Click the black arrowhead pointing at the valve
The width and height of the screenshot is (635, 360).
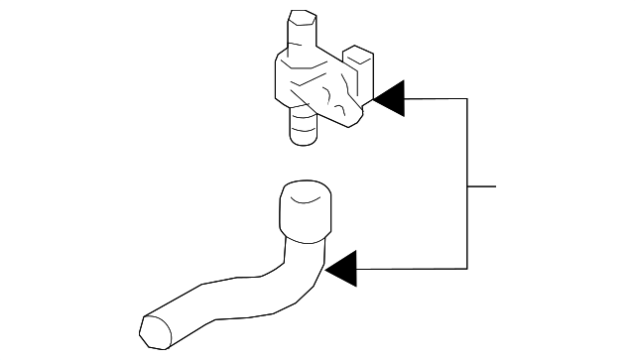click(x=390, y=98)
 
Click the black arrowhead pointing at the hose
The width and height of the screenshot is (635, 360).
click(x=341, y=268)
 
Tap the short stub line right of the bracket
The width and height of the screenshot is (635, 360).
click(x=481, y=185)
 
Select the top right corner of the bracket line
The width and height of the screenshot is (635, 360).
click(x=467, y=98)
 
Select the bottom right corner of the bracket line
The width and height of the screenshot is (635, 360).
click(x=467, y=268)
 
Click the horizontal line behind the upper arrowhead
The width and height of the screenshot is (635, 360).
click(x=437, y=98)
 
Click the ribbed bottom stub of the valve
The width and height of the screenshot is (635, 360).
click(x=303, y=127)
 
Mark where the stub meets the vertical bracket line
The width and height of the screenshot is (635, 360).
click(x=467, y=185)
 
